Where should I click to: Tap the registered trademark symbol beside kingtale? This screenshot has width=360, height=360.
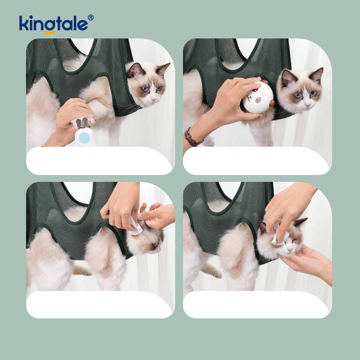point(91,17)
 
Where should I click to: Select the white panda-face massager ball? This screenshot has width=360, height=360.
point(256,98)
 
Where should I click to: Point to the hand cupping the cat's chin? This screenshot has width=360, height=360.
point(306,263)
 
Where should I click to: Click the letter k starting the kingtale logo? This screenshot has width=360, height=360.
point(24,23)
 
